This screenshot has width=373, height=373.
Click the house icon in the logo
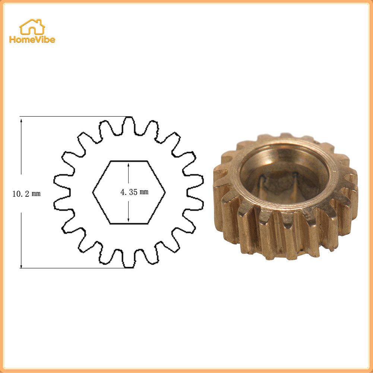tap(32, 27)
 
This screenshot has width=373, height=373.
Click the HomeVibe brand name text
tap(32, 39)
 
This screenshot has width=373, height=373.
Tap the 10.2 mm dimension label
tap(26, 194)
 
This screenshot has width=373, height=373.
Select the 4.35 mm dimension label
tap(135, 192)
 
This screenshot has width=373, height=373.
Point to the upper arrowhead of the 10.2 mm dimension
tap(21, 120)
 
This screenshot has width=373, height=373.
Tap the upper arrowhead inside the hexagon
tap(129, 165)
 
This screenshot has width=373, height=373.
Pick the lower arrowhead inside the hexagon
tap(129, 220)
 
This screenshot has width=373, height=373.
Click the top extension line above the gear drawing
tap(76, 117)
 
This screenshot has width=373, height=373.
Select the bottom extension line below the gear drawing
tap(77, 268)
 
